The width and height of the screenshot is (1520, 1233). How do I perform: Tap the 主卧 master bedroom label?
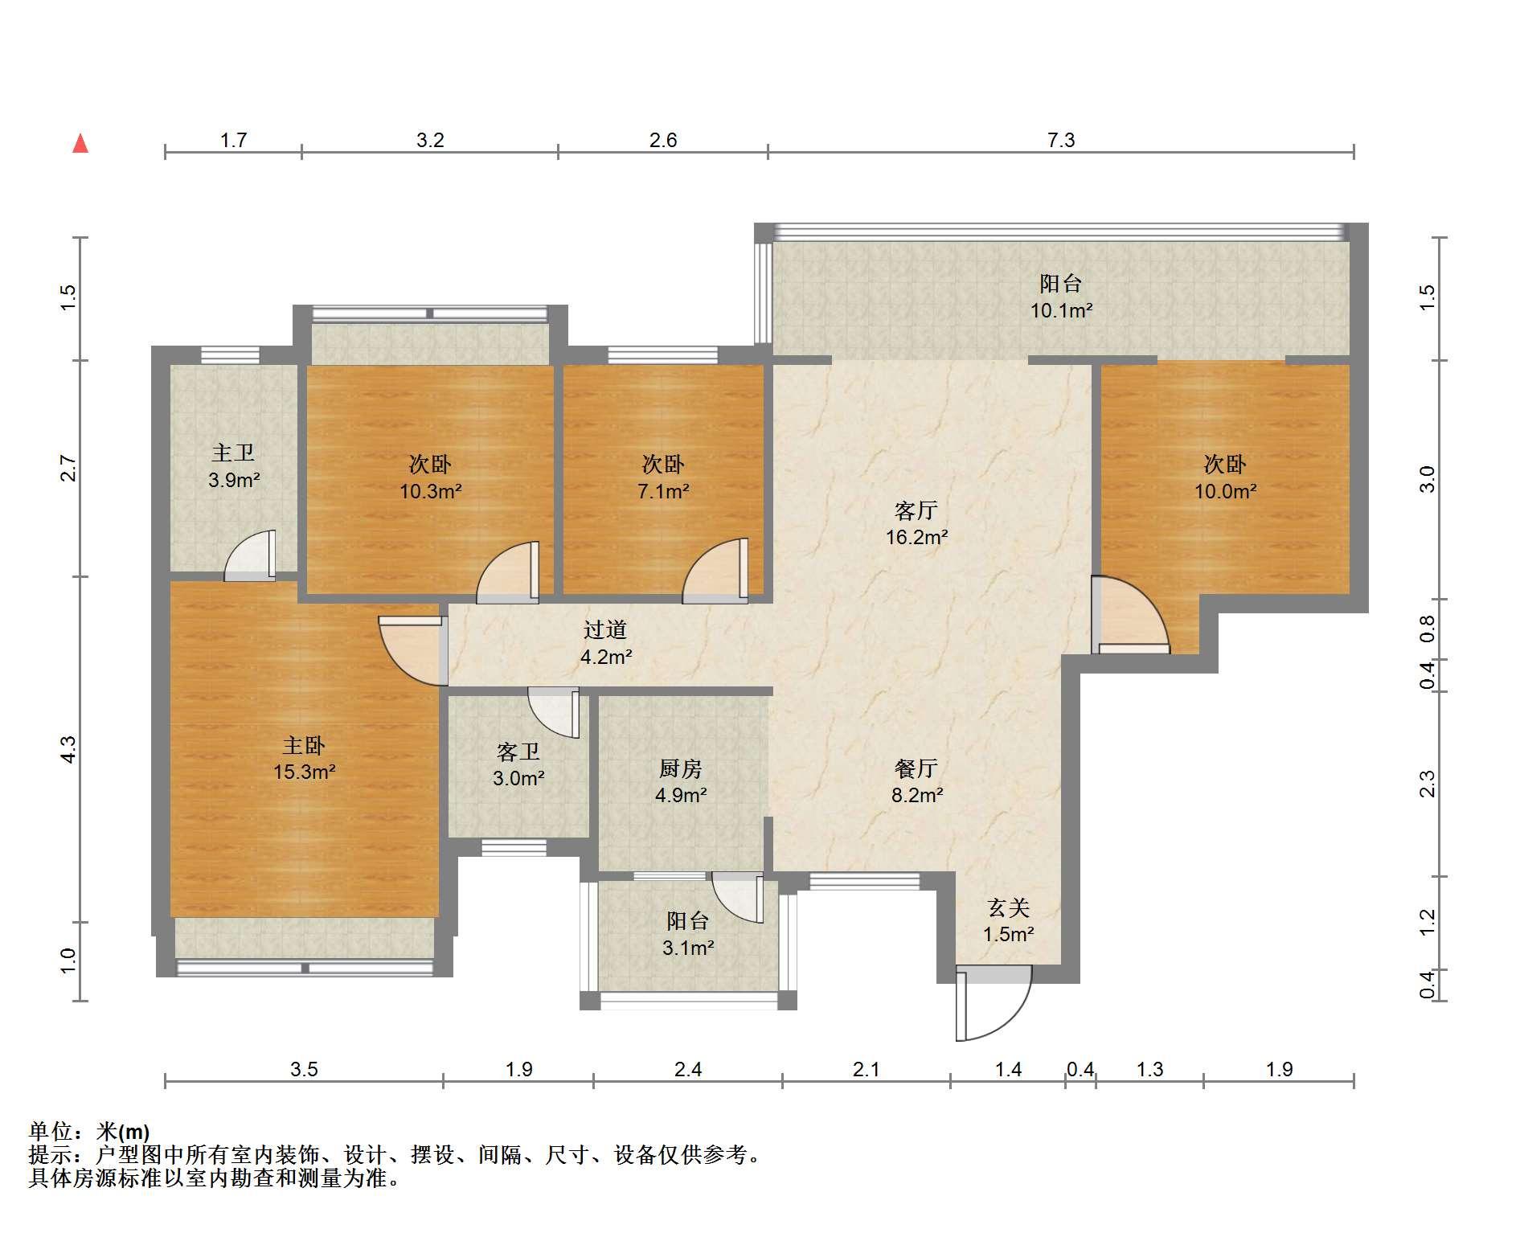coord(304,745)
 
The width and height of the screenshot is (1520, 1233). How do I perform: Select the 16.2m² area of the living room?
coord(916,537)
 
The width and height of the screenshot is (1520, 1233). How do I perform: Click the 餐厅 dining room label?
coord(916,768)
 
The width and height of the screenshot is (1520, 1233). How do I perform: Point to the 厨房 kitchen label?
coord(681,768)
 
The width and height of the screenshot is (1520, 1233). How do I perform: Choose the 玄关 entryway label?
coord(1008,907)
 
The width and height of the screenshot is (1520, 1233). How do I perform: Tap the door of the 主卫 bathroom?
coord(249,555)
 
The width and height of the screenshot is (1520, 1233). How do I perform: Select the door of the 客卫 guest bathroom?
coord(554,713)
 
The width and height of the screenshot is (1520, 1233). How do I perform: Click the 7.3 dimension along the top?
coord(1061,141)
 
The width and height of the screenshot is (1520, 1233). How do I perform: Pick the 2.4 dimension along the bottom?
coord(688,1069)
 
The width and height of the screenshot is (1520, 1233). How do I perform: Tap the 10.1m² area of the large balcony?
coord(1062,310)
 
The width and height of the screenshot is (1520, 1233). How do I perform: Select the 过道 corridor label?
coord(604,629)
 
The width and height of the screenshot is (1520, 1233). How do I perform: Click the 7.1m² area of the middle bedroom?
coord(663,490)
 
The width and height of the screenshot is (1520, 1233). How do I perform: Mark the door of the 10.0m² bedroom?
coord(1130,615)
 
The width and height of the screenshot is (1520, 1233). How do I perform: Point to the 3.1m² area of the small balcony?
coord(688,948)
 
